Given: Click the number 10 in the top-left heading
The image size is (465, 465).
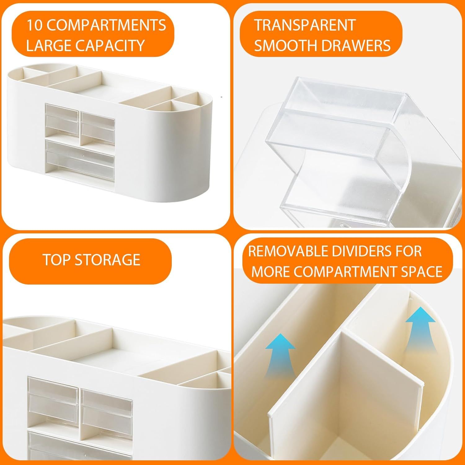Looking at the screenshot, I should point(34,25).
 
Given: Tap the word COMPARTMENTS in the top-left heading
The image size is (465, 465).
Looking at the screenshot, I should point(106,25).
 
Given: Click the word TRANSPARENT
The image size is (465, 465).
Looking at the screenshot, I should point(305,25).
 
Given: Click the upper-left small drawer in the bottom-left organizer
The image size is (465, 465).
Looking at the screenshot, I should point(53,397).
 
